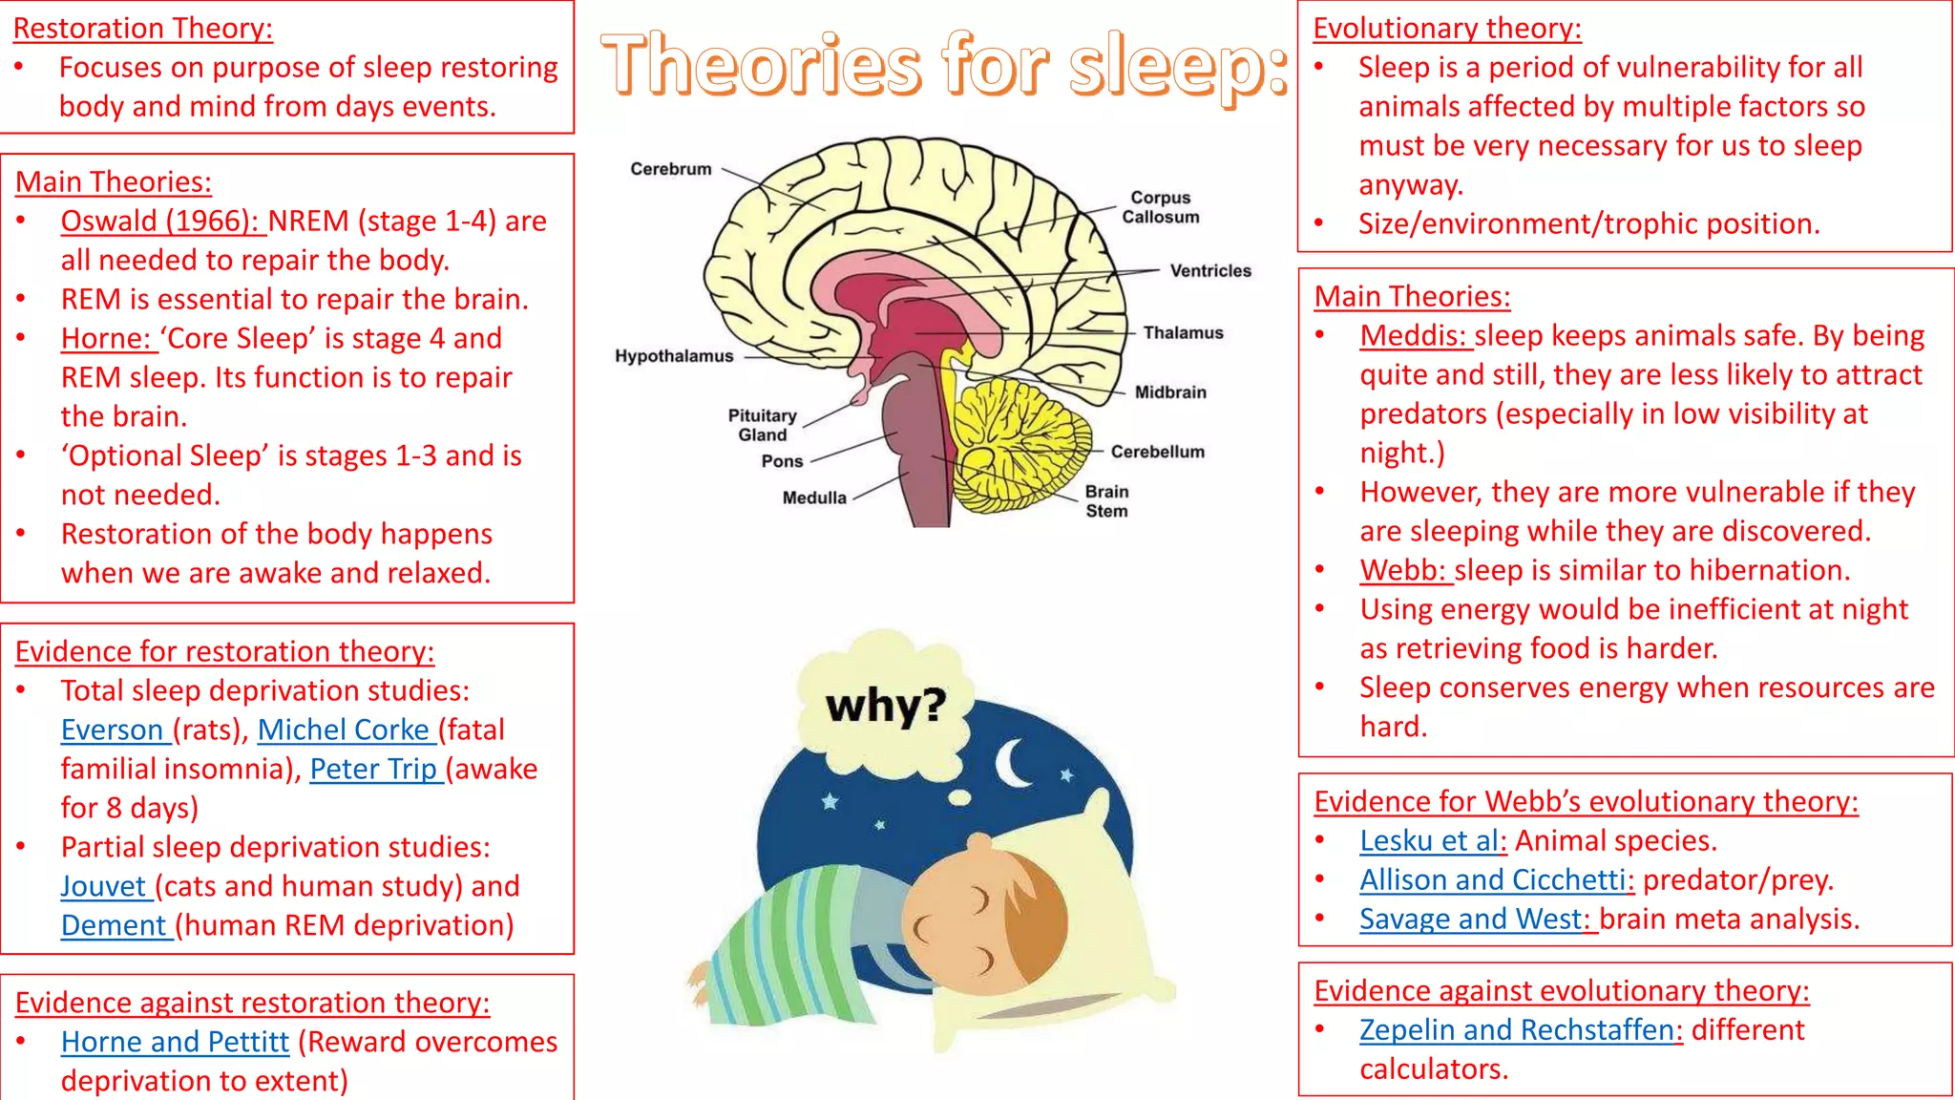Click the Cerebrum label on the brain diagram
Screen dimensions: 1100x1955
pos(670,169)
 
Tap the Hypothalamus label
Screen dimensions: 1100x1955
pos(674,356)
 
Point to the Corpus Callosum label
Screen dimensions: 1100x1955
pos(1160,207)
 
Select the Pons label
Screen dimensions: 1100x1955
pos(782,461)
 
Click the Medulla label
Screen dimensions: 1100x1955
pos(814,497)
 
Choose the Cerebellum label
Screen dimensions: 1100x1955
pos(1157,452)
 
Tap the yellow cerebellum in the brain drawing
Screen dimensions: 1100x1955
pos(1021,439)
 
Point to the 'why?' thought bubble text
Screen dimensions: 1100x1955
pos(886,706)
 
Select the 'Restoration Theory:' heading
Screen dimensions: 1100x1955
pos(143,29)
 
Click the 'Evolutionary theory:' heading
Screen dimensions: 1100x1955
pos(1447,29)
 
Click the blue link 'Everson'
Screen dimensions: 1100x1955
pos(113,730)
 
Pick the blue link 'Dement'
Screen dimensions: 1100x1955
pos(114,925)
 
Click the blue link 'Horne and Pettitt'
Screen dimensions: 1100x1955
pos(175,1042)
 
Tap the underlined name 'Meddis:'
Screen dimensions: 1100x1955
pos(1413,336)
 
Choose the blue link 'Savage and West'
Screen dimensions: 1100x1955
pos(1471,919)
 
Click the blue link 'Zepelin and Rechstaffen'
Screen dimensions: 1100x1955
pos(1517,1030)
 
